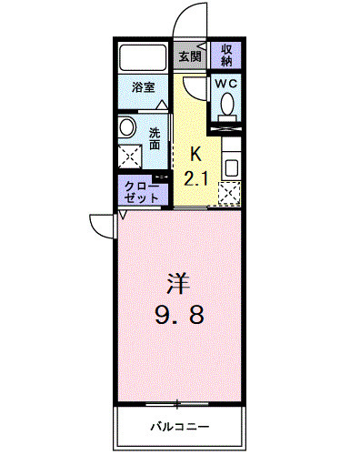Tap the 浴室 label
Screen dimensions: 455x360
[x=144, y=89]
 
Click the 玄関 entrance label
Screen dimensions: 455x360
[x=189, y=56]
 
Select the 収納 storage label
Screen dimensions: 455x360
[x=227, y=56]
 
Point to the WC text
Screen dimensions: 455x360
[x=226, y=83]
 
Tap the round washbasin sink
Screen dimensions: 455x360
[x=128, y=127]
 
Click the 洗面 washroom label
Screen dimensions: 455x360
[x=155, y=136]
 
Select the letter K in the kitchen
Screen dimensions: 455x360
[x=195, y=155]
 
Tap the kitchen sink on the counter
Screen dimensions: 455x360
[x=231, y=168]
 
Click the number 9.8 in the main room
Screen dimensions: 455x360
[x=178, y=316]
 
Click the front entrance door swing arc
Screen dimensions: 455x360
[x=185, y=20]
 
